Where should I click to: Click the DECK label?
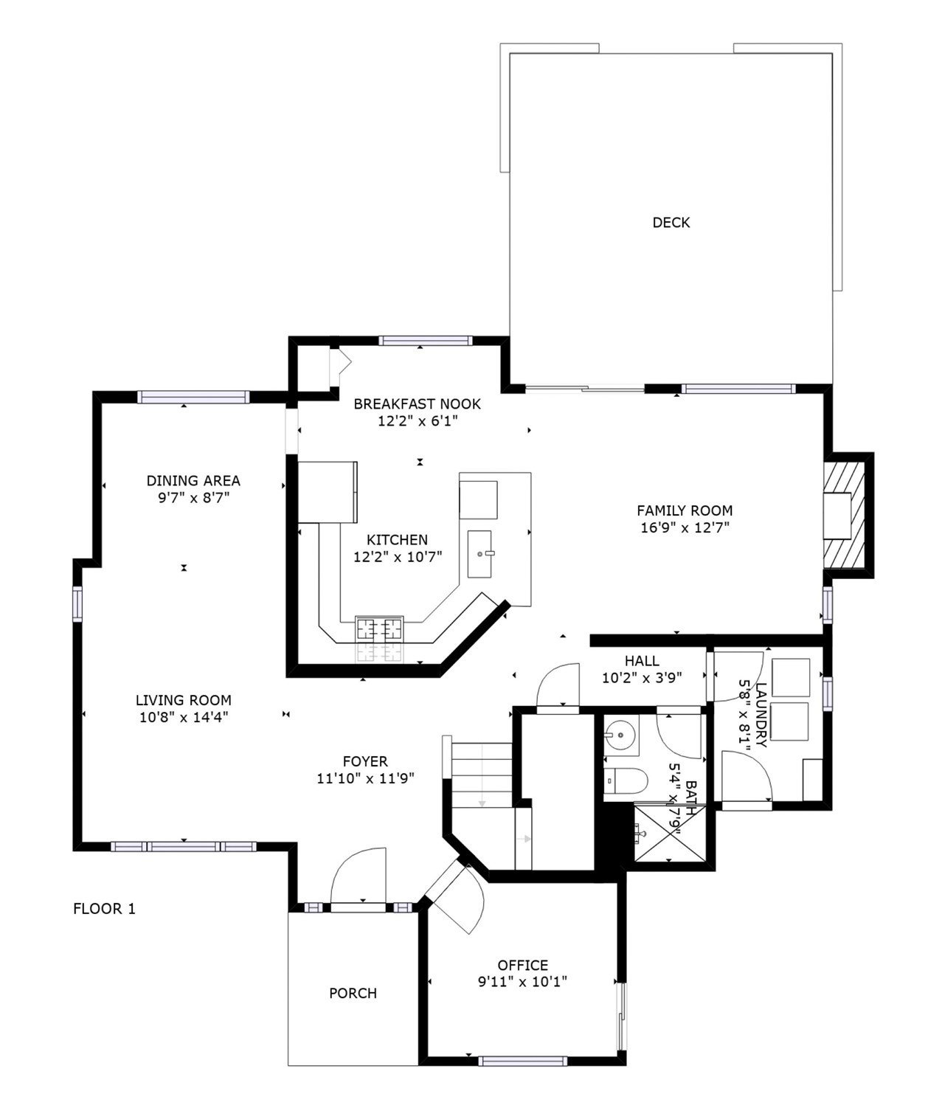coord(671,223)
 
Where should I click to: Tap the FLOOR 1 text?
coord(104,909)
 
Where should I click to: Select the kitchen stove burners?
coord(379,629)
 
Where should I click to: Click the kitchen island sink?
coord(479,554)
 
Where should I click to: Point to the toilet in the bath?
coord(626,781)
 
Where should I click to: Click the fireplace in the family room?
coord(845,515)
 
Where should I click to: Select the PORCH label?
coord(353,993)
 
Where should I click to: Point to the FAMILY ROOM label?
coord(685,510)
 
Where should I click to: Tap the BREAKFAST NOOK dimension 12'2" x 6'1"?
coord(418,420)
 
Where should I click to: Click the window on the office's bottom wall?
coord(523,1061)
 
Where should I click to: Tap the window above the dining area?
coord(193,397)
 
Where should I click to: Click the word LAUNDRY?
coord(761,715)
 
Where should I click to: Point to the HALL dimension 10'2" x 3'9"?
coord(642,678)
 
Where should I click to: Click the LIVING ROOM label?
coord(184,700)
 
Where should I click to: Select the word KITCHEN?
coord(398,540)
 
